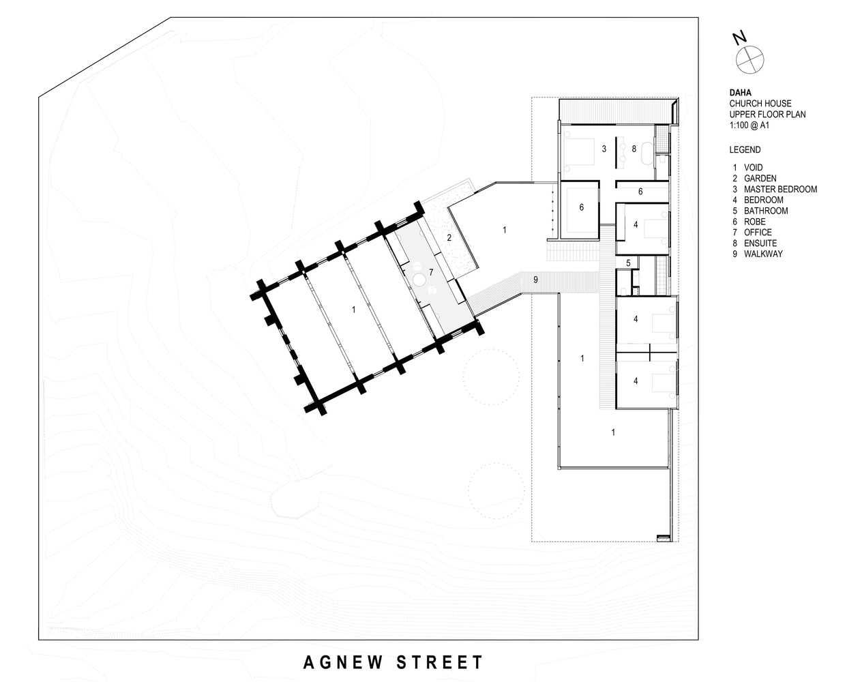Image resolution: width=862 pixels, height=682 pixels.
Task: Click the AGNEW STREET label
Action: [x=393, y=662]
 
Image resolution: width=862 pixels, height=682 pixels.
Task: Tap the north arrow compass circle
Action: [x=749, y=60]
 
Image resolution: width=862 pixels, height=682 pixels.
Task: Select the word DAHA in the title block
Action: [x=740, y=93]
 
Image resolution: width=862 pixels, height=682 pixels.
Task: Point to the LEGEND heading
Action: [x=745, y=150]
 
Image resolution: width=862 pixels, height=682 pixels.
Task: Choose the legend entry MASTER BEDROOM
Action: [x=780, y=189]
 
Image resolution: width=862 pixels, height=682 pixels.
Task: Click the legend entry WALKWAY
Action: [x=763, y=254]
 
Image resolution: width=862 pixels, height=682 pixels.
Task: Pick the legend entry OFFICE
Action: [x=758, y=233]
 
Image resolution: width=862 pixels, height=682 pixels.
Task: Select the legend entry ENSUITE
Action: [x=760, y=243]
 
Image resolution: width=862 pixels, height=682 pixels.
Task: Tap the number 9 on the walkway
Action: [x=535, y=280]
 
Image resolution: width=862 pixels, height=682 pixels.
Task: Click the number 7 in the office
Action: [x=431, y=273]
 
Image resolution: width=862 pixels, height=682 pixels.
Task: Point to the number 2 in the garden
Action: [x=449, y=237]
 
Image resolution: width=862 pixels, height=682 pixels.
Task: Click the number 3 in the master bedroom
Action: [x=604, y=149]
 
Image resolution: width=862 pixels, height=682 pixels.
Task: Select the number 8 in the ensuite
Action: [x=634, y=149]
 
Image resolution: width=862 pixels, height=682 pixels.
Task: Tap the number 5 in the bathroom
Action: [x=628, y=263]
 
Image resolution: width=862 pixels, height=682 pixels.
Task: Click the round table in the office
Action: [x=420, y=280]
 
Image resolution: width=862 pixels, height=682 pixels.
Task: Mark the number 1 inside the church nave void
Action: [x=353, y=310]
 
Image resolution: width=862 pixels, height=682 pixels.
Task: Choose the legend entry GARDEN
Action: [x=760, y=178]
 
